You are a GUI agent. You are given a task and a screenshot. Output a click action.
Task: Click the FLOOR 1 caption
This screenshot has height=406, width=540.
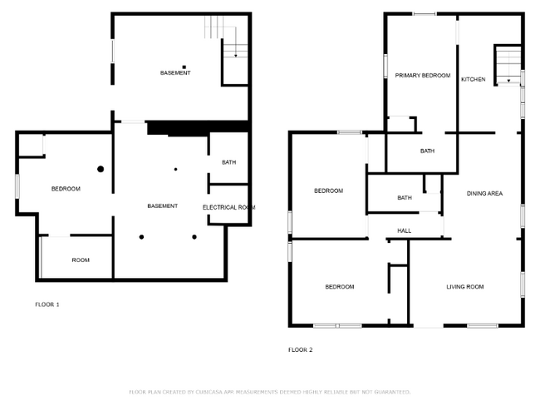pyautogui.click(x=47, y=304)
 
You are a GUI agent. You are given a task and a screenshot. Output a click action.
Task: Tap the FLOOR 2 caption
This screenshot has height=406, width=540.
pyautogui.click(x=300, y=349)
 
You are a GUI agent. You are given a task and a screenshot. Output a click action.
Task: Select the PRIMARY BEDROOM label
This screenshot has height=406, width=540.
pyautogui.click(x=422, y=76)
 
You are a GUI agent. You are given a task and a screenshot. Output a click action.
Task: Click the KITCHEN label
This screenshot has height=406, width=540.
pyautogui.click(x=474, y=79)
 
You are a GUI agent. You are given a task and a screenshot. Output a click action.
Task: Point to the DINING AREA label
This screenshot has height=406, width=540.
pyautogui.click(x=484, y=194)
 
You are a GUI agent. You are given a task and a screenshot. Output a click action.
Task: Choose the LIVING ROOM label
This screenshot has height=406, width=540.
pyautogui.click(x=465, y=287)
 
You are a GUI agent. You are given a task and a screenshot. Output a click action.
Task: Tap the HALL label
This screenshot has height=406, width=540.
pyautogui.click(x=405, y=230)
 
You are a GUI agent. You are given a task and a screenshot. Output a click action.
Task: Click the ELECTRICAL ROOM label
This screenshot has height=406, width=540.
pyautogui.click(x=228, y=207)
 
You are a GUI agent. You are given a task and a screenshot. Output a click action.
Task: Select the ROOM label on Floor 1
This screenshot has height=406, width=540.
pyautogui.click(x=81, y=260)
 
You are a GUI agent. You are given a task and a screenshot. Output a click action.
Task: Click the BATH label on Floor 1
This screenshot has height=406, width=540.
pyautogui.click(x=229, y=162)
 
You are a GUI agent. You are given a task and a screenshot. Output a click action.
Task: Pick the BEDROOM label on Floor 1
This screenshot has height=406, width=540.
pyautogui.click(x=66, y=189)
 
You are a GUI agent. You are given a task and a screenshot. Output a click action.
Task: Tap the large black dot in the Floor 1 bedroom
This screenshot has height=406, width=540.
pyautogui.click(x=101, y=169)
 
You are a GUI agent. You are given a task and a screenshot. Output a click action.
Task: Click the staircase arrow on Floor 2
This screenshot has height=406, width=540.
pyautogui.click(x=508, y=80)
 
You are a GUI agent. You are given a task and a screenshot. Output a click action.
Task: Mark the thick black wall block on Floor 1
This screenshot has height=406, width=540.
pyautogui.click(x=198, y=127)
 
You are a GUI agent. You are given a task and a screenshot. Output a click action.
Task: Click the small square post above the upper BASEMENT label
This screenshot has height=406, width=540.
pyautogui.click(x=184, y=66)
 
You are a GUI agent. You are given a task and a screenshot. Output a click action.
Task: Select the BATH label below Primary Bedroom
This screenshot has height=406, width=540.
pyautogui.click(x=427, y=151)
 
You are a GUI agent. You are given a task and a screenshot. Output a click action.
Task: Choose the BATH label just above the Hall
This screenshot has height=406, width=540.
pyautogui.click(x=405, y=198)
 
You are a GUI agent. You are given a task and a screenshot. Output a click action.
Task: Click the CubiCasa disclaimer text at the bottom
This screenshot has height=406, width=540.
pyautogui.click(x=269, y=391)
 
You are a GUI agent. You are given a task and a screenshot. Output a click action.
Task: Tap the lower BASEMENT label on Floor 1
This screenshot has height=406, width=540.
pyautogui.click(x=162, y=205)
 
